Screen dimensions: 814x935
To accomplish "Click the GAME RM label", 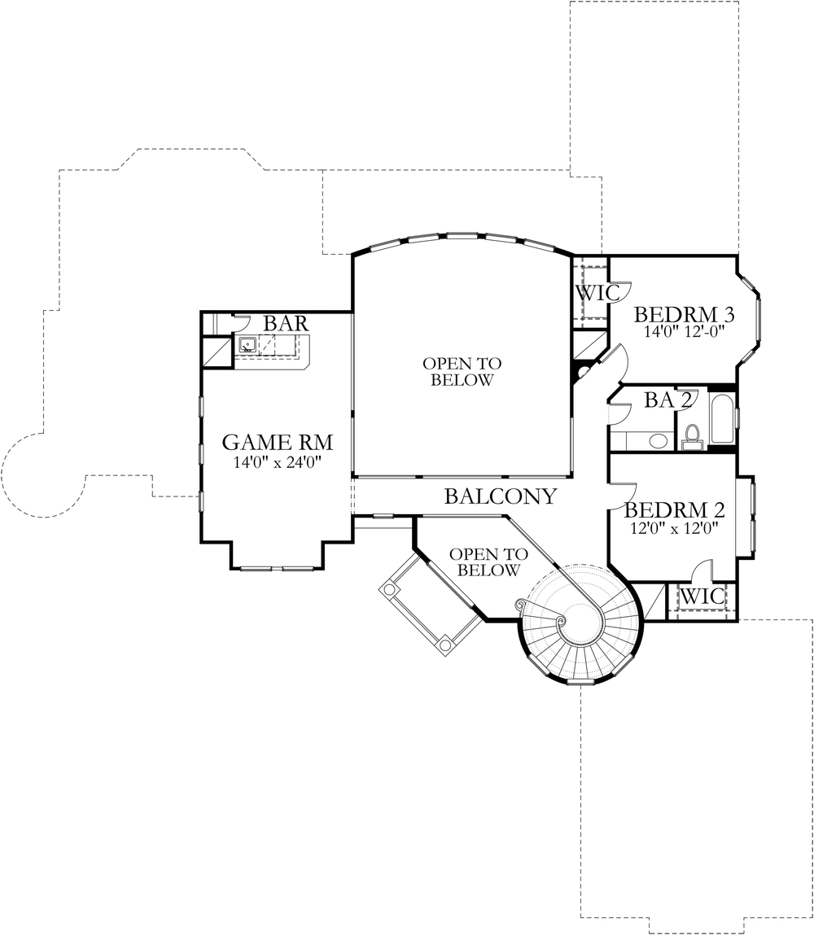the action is (x=278, y=443).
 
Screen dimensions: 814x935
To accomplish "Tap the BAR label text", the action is (x=287, y=324).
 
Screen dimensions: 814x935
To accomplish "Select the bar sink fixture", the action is (x=247, y=344).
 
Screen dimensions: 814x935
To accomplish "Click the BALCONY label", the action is (x=501, y=496).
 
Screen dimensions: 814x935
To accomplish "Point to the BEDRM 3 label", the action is (x=684, y=314).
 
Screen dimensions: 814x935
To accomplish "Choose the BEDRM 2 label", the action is (x=675, y=510).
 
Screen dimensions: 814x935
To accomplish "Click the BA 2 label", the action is (x=667, y=400).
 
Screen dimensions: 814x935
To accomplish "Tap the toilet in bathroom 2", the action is (x=693, y=436).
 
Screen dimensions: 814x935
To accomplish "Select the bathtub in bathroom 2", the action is (x=721, y=418).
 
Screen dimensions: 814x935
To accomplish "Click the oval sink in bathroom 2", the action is (x=658, y=441).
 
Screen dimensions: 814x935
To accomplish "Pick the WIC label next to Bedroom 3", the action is (x=597, y=293).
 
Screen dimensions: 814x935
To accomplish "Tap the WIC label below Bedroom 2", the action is (x=702, y=596).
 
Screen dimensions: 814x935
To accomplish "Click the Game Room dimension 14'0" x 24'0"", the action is (x=278, y=462).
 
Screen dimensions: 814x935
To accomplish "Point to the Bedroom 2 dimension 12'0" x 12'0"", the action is (x=674, y=528).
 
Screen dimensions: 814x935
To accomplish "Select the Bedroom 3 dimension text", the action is (x=684, y=331).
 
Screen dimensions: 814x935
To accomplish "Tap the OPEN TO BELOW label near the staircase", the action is (x=488, y=562).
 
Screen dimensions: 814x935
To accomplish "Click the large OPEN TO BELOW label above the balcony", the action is (x=462, y=372).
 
